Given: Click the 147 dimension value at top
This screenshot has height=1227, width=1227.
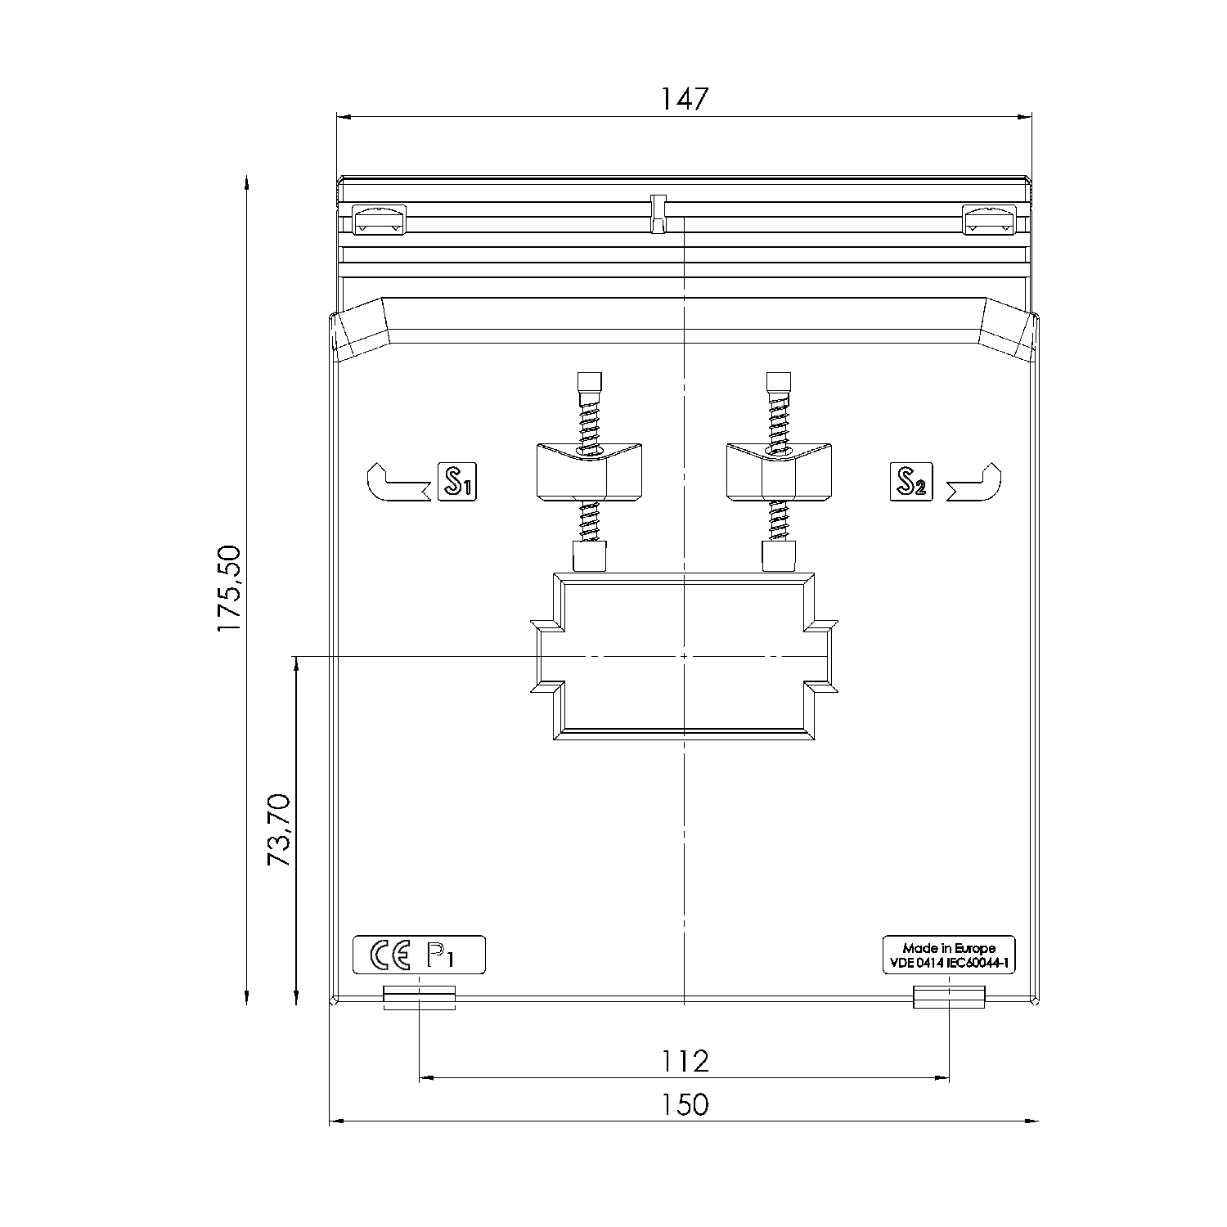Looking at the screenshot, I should pos(684,99).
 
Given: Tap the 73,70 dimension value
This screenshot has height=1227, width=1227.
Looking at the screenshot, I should pos(279,829).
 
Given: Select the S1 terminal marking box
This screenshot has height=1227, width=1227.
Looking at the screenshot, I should pos(457,482).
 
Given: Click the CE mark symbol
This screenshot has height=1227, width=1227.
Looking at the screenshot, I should pos(390,955).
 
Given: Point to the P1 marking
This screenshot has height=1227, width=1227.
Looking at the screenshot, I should pos(440,955).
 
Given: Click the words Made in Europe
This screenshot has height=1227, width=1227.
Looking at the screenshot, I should pos(949,949).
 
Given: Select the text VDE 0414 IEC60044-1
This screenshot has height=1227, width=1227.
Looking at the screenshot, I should pos(949,964).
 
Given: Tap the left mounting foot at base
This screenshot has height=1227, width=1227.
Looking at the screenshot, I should pos(419,997).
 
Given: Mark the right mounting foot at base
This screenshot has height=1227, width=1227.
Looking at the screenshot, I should pos(949,997).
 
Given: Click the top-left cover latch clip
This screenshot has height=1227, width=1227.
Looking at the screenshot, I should pos(378,220).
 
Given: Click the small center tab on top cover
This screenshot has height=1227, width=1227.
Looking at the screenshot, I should pos(658,213).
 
